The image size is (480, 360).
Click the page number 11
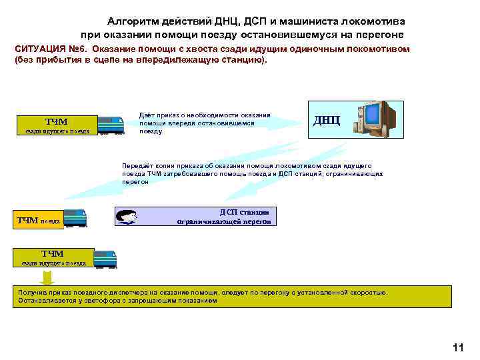[457, 347]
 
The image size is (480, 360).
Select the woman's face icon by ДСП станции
[126, 217]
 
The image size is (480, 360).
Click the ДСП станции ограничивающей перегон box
[224, 216]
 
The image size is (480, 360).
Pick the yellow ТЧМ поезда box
[38, 221]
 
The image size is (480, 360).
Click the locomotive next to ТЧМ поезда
[75, 218]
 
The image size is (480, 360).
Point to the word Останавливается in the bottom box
[39, 301]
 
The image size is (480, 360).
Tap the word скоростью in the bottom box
[367, 293]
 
